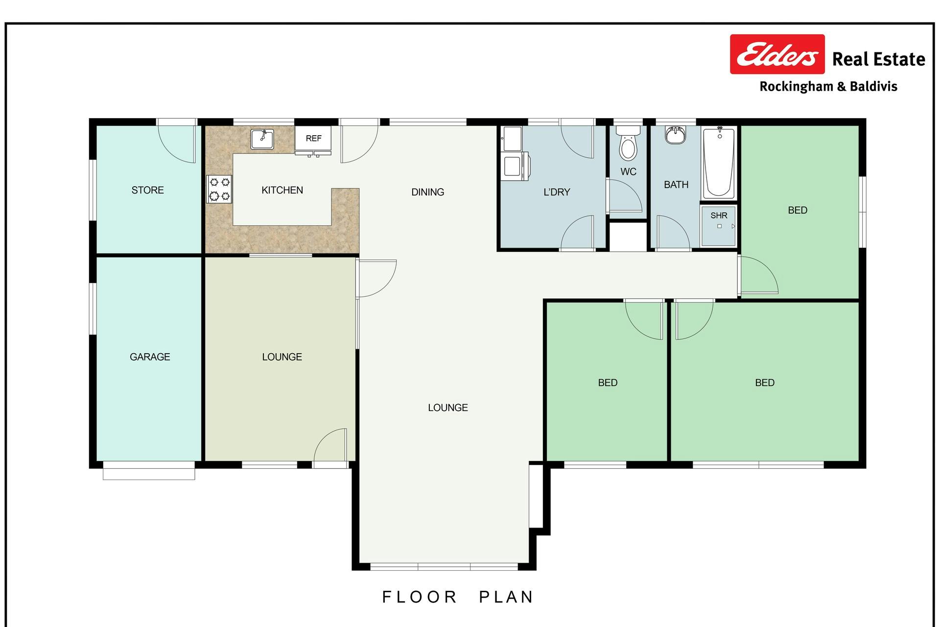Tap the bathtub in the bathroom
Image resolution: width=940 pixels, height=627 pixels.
point(719,163)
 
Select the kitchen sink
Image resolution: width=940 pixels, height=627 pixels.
point(262,139)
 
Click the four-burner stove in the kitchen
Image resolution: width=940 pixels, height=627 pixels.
point(219,189)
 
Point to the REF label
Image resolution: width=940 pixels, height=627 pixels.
point(313,139)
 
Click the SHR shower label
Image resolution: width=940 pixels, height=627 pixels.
point(719,216)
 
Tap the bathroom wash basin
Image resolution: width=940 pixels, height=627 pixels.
point(676,135)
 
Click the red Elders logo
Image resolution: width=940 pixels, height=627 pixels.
point(777,54)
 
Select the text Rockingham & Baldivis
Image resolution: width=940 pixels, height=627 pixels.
point(828,87)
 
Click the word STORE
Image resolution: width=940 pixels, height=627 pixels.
point(147,190)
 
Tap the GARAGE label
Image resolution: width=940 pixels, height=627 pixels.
point(150,357)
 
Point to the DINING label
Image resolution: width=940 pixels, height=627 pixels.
point(427,192)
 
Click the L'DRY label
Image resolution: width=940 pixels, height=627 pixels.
point(557,192)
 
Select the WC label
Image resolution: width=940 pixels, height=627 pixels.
point(628,172)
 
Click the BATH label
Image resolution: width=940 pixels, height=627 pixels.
point(676,185)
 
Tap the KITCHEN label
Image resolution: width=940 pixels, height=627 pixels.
point(282,190)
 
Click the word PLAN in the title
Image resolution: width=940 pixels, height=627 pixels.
point(506,597)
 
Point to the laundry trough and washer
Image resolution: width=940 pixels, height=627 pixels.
point(515,153)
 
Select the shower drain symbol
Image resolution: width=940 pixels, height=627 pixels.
point(719,226)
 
